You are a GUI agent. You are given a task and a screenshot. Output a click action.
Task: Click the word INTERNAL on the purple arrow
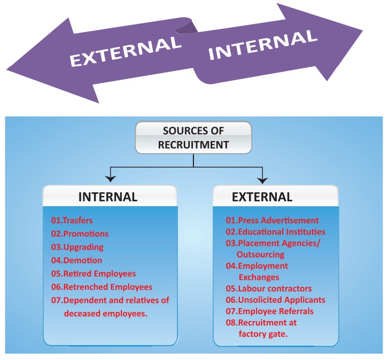(262, 44)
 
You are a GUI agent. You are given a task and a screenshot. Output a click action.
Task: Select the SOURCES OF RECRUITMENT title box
(193, 138)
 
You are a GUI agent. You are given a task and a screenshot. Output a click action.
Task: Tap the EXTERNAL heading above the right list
(262, 197)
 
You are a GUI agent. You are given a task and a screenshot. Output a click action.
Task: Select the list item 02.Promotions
(80, 233)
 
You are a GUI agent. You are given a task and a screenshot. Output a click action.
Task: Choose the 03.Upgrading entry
(77, 247)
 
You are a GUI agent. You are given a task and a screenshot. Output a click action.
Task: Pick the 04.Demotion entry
(76, 260)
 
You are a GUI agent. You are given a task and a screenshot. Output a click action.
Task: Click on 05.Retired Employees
(94, 273)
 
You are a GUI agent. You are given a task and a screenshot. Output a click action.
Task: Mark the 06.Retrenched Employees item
(102, 287)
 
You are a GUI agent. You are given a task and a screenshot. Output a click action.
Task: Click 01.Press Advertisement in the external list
(272, 220)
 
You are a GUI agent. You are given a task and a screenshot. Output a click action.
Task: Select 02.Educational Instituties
(275, 232)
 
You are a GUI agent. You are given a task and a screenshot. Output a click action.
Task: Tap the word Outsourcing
(261, 254)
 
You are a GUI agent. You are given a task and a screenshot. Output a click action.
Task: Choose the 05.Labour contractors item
(268, 288)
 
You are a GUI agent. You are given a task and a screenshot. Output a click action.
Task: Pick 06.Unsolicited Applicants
(275, 300)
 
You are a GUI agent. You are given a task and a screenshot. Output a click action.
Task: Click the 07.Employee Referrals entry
(269, 311)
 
